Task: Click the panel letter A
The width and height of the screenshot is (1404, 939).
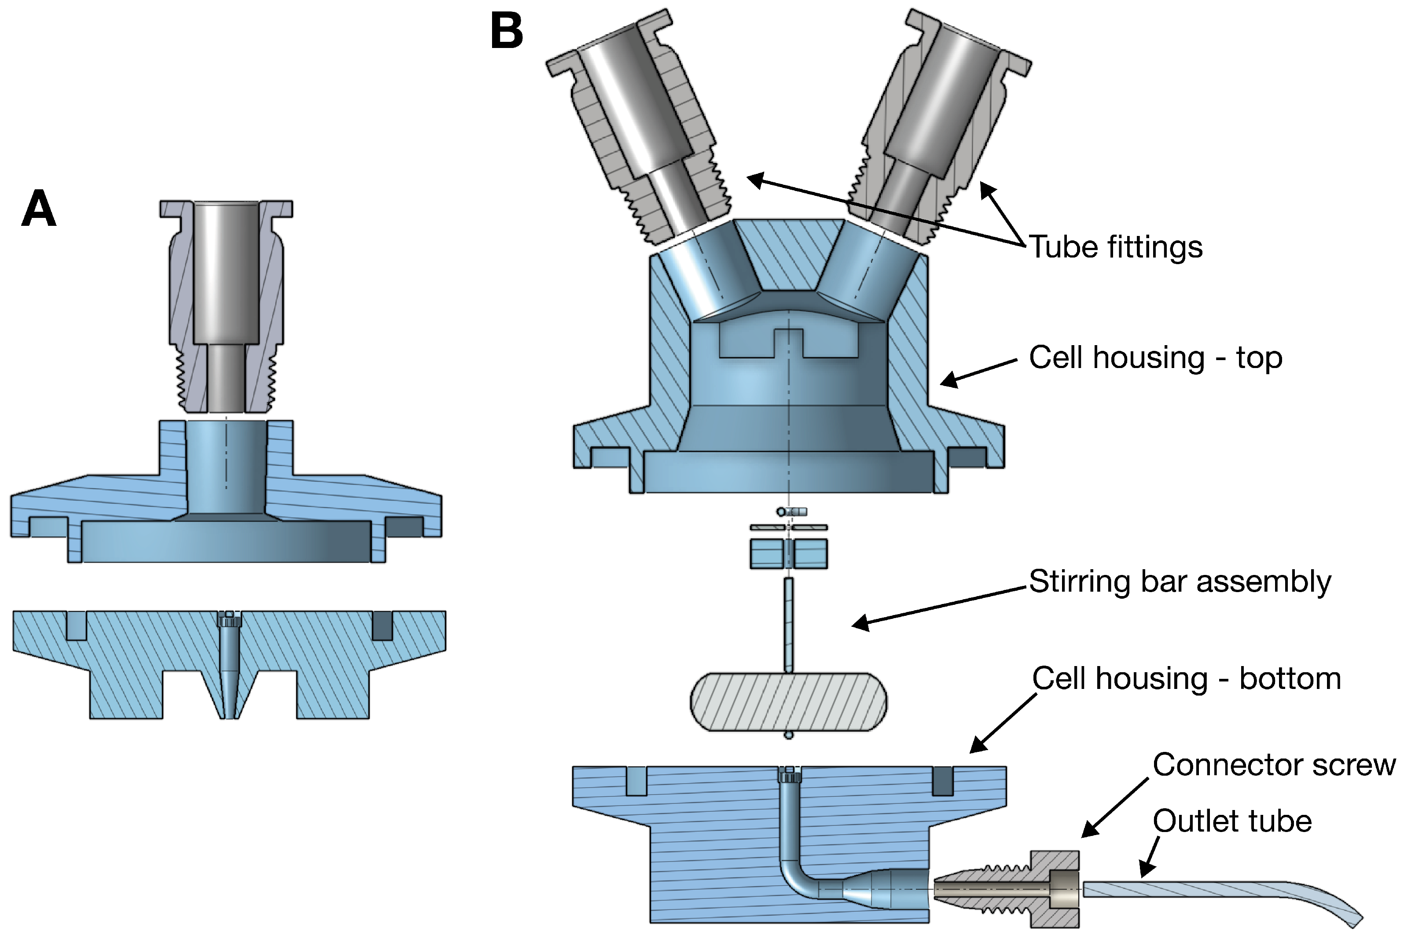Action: coord(39,208)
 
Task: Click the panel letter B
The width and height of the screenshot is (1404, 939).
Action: coord(507,31)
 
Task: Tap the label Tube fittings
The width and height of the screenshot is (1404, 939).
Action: coord(1115,247)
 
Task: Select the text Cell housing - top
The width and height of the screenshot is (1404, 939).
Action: coord(1155,357)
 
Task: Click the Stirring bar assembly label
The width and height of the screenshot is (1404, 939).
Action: coord(1180,582)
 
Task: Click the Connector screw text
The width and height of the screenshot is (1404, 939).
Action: coord(1273,765)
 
